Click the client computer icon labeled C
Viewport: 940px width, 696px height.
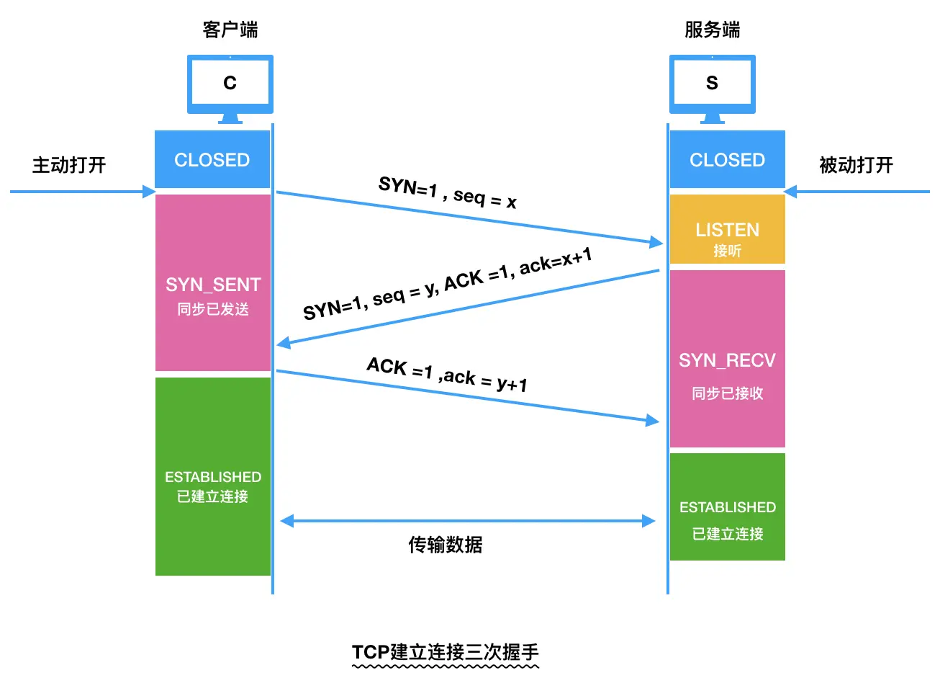tap(230, 84)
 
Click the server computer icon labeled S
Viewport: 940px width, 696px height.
tap(712, 84)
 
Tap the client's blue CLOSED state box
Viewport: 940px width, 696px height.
tap(212, 159)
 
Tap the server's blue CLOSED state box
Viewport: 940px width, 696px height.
tap(727, 159)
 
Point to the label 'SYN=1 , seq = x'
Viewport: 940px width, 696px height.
tap(448, 192)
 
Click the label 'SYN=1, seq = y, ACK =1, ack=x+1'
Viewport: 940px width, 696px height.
tap(447, 285)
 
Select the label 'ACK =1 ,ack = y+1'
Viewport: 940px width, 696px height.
tap(447, 374)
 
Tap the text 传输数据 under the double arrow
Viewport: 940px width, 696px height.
tap(445, 545)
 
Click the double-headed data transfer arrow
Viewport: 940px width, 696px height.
tap(468, 520)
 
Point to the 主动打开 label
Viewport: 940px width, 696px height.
tap(69, 165)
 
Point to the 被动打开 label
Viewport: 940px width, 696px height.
tap(856, 165)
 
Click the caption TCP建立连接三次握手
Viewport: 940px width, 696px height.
tap(445, 652)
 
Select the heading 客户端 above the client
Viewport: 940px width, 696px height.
tap(230, 30)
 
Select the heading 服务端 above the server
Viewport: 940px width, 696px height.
tap(712, 30)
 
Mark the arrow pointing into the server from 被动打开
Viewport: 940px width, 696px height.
tap(857, 192)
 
